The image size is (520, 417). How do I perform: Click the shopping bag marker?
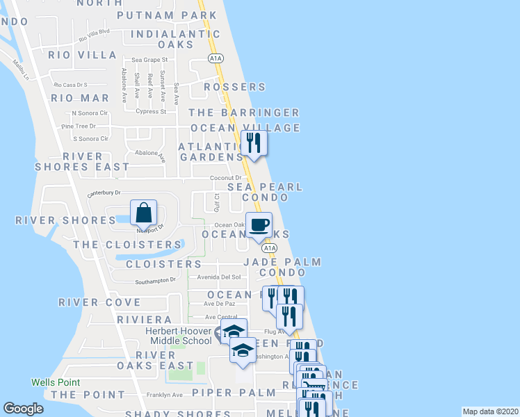pos(143,212)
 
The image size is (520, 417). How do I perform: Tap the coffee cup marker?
pos(259,226)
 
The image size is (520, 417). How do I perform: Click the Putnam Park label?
pos(167,15)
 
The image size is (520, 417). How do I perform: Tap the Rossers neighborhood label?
pos(235,87)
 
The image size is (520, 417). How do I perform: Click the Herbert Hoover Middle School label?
pos(179,336)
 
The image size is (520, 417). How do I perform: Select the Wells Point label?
pos(56,382)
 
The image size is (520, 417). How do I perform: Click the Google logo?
pos(23,409)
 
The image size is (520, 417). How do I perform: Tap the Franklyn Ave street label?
pos(164,395)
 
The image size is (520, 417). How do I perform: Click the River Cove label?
pos(99,302)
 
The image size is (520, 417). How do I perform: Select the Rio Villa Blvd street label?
pos(95,33)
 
